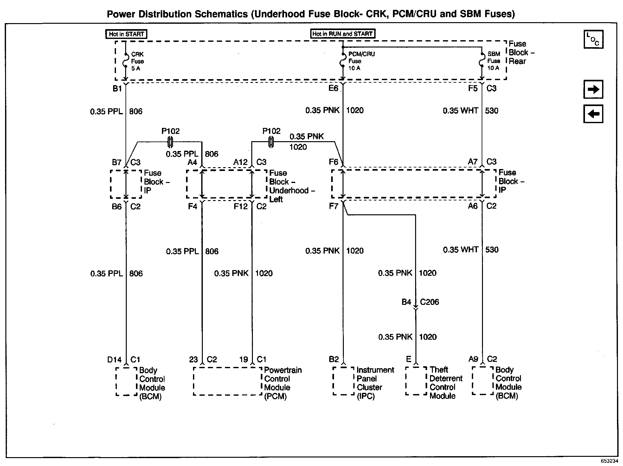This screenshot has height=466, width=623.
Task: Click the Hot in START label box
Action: pos(126,34)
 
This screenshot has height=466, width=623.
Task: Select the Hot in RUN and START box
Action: pos(342,34)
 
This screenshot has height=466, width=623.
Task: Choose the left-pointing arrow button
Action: pos(593,114)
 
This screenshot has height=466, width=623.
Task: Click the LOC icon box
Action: pos(593,39)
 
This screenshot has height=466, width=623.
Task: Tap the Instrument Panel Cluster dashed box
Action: pos(343,381)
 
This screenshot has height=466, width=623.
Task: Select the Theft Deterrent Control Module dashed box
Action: pos(416,381)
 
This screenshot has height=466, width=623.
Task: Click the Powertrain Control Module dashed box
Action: pos(228,381)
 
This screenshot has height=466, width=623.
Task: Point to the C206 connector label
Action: pos(429,302)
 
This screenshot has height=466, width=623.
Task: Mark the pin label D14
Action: pos(114,360)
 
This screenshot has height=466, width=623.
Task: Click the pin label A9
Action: pos(473,359)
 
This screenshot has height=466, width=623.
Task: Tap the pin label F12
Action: pos(241,207)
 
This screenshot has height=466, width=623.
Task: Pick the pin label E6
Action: pos(333,88)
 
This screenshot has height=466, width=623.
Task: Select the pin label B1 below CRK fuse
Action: pos(117,89)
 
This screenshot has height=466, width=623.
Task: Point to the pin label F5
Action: pos(472,88)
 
